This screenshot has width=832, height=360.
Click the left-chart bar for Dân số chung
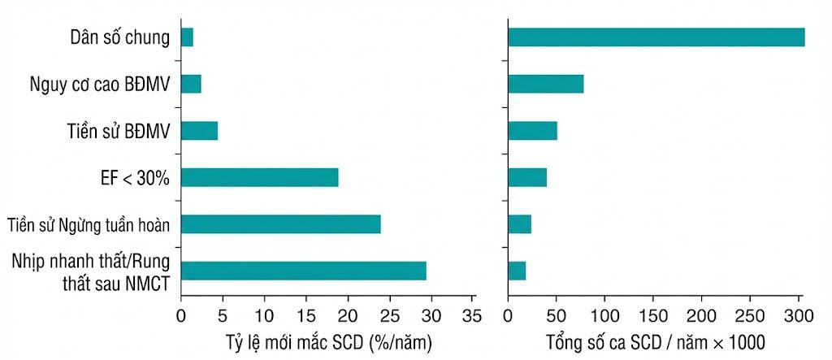[188, 37]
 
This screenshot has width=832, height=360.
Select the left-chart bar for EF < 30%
[260, 177]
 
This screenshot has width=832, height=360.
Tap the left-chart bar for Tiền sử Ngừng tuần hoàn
[281, 224]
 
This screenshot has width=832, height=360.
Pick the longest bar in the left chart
[304, 271]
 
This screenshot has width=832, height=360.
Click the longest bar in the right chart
[656, 37]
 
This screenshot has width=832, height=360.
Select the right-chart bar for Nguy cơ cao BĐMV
[546, 84]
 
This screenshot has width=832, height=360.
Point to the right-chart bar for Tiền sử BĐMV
[533, 131]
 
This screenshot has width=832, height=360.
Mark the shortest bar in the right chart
[517, 271]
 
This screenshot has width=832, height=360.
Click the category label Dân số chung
[120, 38]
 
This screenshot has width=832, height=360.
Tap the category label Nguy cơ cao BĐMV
[100, 85]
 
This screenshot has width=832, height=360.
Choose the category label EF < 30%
[136, 178]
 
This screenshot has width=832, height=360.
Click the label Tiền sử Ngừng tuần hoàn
[89, 225]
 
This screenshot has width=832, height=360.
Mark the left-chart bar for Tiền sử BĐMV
[200, 131]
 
